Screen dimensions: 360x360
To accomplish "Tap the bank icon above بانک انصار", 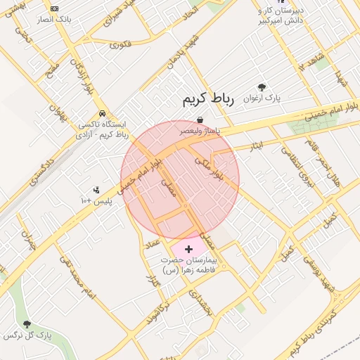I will pos(54,8).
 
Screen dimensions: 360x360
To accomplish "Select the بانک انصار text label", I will pos(55,20).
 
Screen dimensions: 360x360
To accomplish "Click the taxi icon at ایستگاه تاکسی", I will pos(103,113).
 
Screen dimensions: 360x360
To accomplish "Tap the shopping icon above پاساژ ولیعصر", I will pos(200,120).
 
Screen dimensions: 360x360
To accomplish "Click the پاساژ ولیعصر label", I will pos(200,130).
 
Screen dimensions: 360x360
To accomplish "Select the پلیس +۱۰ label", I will pos(96,201).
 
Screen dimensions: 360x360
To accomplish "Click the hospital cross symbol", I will pos(188,249).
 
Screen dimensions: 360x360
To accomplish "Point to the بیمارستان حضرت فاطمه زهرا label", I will pos(188,264).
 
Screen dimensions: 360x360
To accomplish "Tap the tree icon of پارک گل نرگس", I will pos(27,324).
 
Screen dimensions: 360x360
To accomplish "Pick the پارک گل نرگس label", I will pos(27,335).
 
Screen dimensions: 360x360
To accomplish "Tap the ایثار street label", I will pos(255,146).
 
